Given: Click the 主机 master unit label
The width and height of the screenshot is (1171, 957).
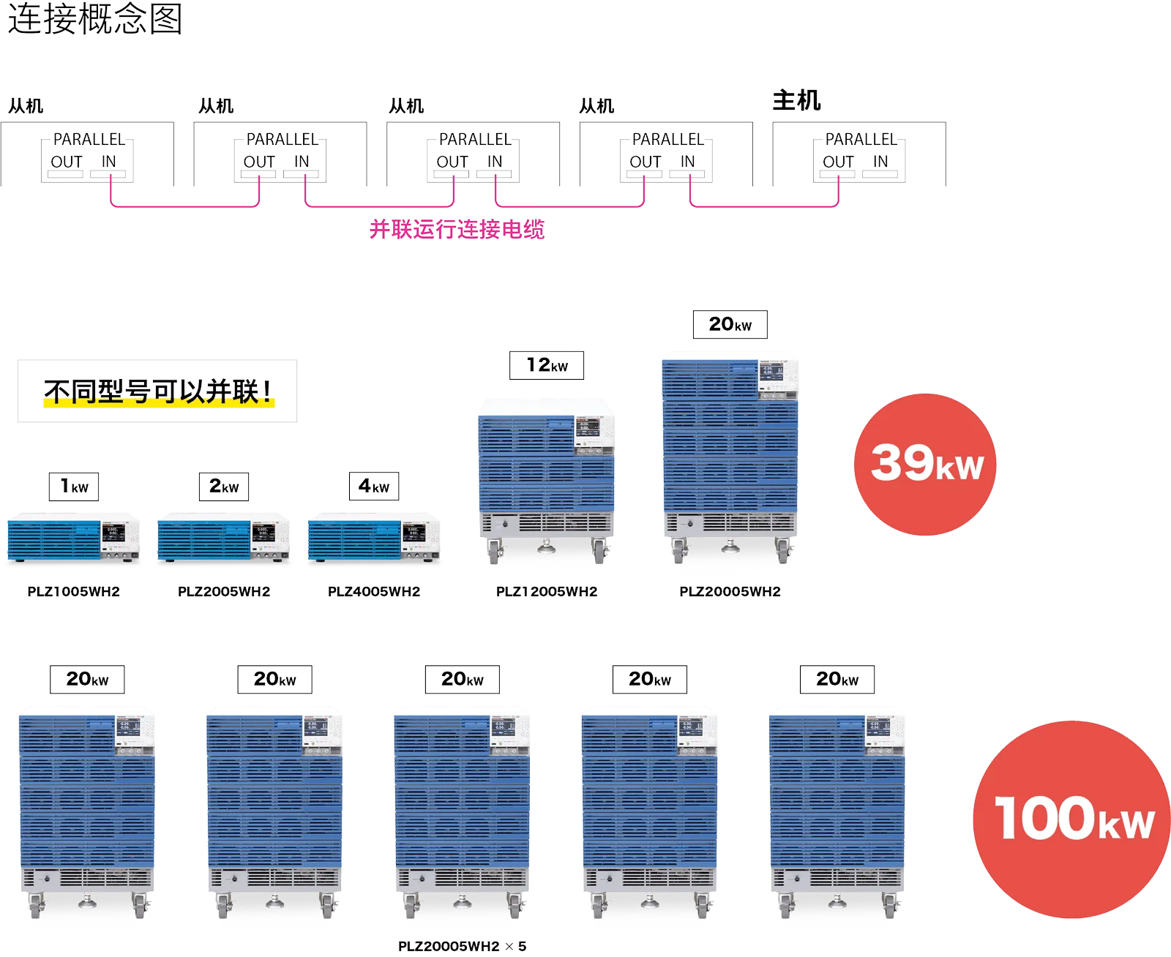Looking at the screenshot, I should [x=797, y=100].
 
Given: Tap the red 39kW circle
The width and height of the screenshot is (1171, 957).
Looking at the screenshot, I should [x=926, y=464].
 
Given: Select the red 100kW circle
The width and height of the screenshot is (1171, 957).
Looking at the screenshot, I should [x=1072, y=819].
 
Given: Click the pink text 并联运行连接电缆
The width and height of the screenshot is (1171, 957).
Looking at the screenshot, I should [x=457, y=230].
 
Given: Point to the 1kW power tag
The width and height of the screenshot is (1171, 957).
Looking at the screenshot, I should [x=74, y=486].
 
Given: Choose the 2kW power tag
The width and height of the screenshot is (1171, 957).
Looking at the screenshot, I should [x=225, y=486].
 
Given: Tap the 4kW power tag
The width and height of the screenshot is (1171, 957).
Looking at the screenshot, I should [x=374, y=486].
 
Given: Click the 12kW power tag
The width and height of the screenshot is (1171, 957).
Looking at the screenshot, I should [x=545, y=364].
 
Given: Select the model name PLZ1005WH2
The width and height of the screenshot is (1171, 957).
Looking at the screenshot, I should [x=74, y=591].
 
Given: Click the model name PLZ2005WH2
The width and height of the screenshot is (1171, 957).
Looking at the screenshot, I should [x=224, y=591].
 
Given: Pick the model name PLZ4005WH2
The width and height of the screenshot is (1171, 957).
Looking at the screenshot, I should [x=374, y=591].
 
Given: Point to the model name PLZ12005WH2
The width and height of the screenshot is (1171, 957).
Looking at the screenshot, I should [x=547, y=591].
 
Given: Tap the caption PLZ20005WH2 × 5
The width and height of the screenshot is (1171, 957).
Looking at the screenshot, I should [x=462, y=946].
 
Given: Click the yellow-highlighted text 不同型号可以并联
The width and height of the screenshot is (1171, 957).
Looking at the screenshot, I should [x=158, y=392].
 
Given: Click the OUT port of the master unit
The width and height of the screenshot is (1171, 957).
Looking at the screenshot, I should [x=839, y=162].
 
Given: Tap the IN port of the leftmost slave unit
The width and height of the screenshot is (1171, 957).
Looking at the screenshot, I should [x=109, y=162].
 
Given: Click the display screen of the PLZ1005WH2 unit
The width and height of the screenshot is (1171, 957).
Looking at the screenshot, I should [x=113, y=532].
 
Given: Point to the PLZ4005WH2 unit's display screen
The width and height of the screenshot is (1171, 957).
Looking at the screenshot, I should [x=413, y=532].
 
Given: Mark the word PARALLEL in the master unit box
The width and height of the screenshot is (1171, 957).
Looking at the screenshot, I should [x=861, y=139].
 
